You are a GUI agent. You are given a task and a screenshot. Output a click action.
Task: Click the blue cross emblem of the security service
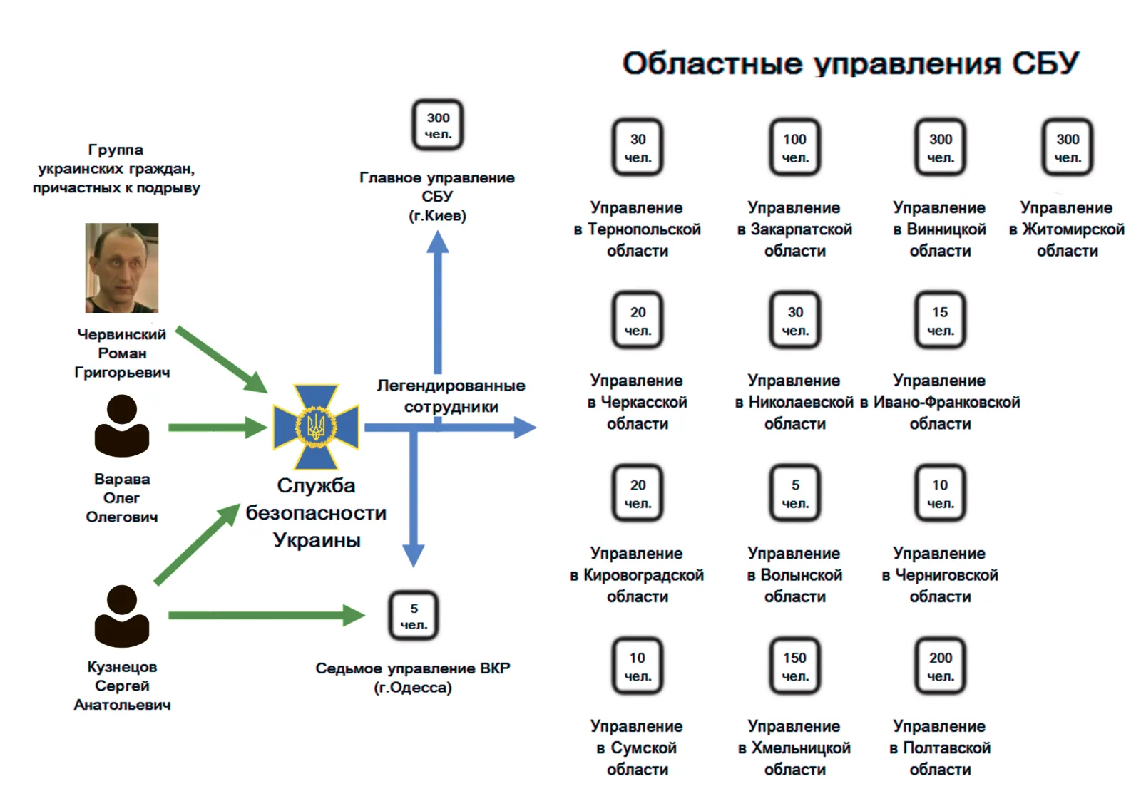pos(316,427)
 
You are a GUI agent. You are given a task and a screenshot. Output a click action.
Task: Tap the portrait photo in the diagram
pos(122,268)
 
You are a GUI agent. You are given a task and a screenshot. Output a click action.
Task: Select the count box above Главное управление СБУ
pos(438,125)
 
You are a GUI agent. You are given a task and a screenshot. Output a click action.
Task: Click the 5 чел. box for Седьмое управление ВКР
pos(414,616)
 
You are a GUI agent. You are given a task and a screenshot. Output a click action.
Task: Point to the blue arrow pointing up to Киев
pos(437,299)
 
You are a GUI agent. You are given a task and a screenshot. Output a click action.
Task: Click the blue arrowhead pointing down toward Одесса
pos(414,554)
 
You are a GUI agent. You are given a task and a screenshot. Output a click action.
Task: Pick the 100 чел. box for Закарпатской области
pos(794,148)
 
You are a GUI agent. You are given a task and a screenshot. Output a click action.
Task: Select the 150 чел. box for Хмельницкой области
pos(794,666)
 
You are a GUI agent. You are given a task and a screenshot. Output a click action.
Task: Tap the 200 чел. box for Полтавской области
pos(940,666)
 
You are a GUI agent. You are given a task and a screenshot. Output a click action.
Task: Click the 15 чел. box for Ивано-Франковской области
pos(940,321)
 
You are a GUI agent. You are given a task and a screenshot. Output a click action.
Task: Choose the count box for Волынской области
pos(794,493)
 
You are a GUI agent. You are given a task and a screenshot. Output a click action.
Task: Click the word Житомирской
pos(1073,229)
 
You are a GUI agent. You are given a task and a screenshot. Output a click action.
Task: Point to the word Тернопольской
pos(644,229)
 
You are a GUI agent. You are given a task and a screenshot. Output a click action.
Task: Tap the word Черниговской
pos(946,575)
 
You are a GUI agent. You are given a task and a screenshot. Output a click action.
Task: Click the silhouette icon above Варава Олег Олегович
pos(122,425)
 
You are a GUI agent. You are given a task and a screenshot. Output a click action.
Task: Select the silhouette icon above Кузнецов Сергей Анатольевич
pos(122,616)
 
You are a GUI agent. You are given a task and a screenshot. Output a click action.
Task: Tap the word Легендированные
pos(451,386)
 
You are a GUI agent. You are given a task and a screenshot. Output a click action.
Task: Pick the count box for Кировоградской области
pos(638,493)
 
